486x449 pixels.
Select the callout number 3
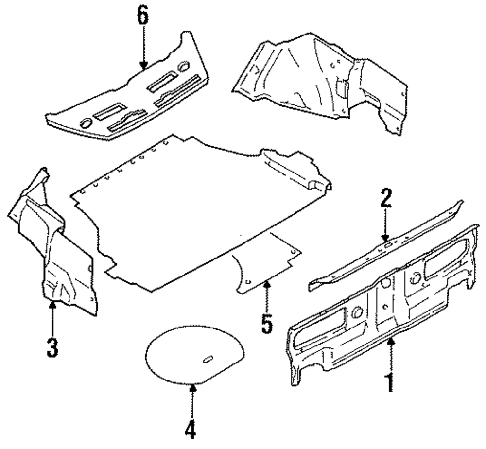(x=52, y=346)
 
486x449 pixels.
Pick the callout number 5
(x=267, y=323)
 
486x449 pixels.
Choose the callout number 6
(x=142, y=16)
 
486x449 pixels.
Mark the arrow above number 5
(x=266, y=296)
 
